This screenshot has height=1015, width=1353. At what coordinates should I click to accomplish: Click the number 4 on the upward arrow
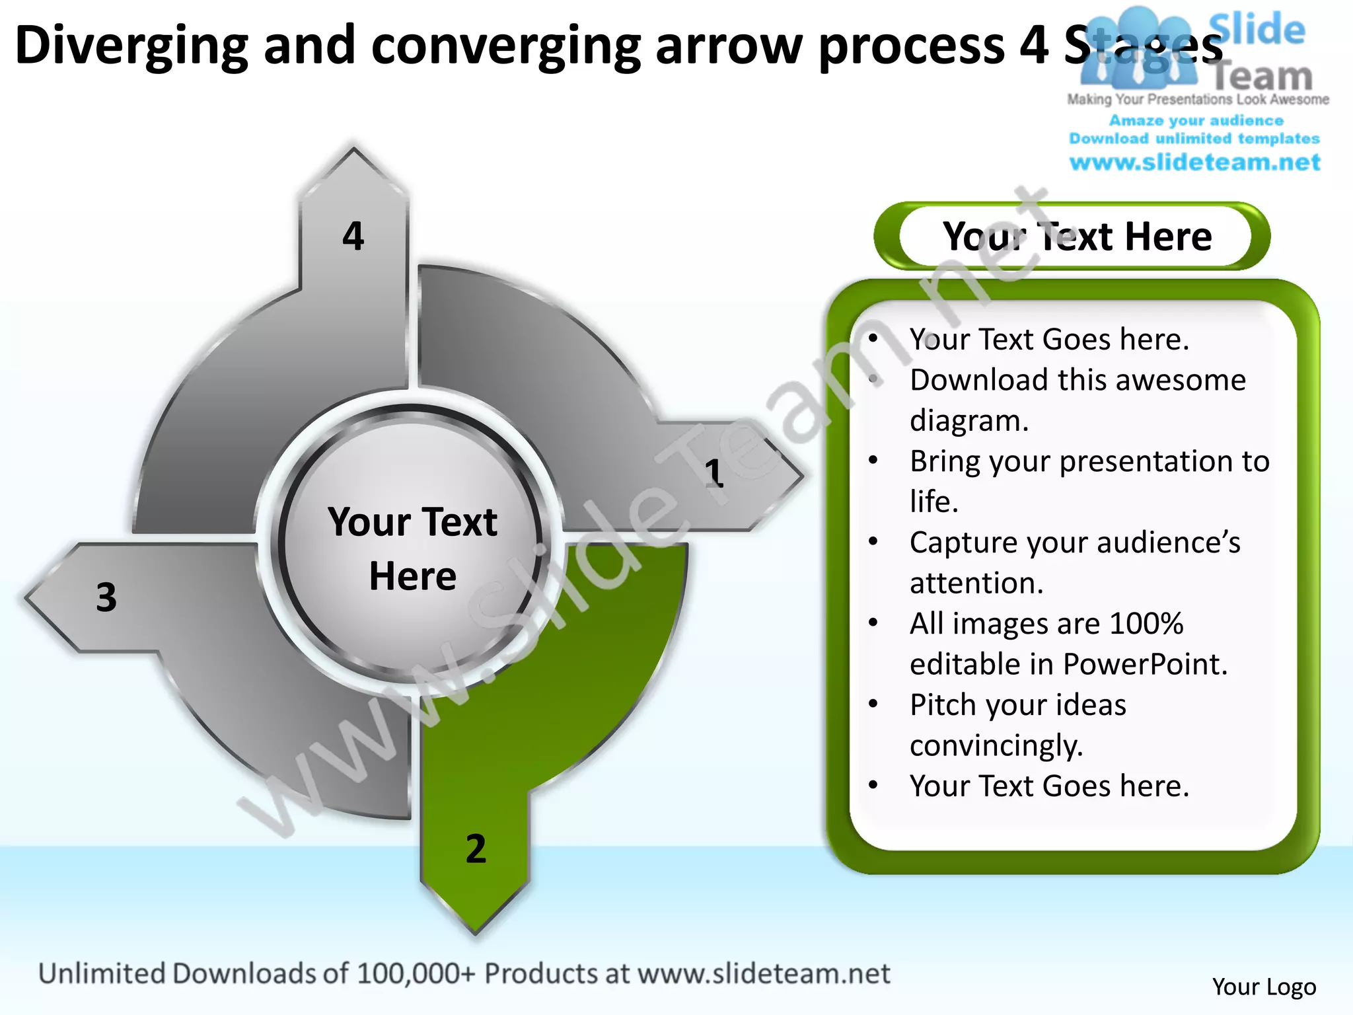(353, 236)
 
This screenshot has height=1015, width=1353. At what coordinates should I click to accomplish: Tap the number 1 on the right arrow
(714, 473)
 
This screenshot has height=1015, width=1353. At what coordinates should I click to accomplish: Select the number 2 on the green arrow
(476, 848)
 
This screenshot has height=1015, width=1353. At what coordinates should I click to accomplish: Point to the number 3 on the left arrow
(106, 597)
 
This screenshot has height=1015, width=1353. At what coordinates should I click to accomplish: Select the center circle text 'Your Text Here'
(412, 548)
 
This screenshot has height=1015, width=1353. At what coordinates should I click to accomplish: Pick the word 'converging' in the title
(506, 45)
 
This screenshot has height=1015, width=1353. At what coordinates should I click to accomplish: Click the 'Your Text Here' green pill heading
(1077, 237)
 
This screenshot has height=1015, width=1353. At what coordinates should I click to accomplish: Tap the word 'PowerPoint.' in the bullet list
(1145, 664)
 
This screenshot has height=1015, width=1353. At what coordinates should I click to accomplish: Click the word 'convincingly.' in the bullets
(996, 745)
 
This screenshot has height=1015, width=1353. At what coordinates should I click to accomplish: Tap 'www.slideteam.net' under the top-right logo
(1194, 163)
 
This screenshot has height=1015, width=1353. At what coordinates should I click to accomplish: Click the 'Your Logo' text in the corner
(1264, 987)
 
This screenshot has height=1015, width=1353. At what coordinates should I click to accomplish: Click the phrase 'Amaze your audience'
(1196, 120)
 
